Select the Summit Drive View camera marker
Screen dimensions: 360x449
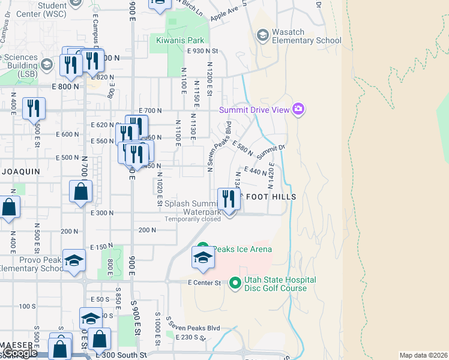coord(298,109)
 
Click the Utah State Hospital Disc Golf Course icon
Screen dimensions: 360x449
coord(235,282)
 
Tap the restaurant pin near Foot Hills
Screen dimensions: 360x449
coord(228,199)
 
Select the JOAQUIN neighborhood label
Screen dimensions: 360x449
coord(20,171)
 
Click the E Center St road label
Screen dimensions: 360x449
coord(204,282)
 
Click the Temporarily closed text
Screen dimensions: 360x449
coord(193,219)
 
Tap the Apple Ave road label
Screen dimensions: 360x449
coord(224,14)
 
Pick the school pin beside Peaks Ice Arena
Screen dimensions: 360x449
coord(203,258)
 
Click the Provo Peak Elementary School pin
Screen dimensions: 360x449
coord(74,261)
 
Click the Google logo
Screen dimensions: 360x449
coord(20,353)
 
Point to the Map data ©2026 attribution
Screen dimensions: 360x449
coord(423,355)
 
